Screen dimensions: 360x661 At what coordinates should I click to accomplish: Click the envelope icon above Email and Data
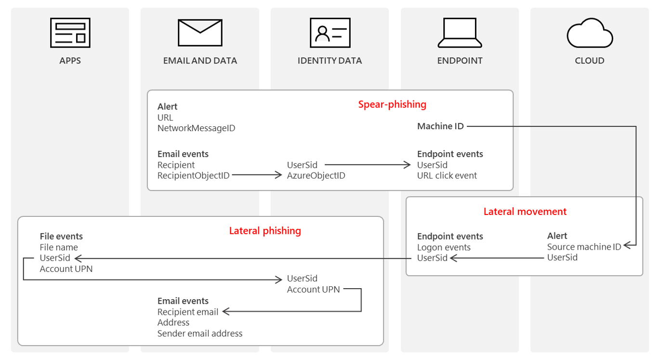(x=200, y=33)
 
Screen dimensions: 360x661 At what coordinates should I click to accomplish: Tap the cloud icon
(x=590, y=33)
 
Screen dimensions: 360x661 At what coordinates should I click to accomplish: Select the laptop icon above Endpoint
(x=460, y=33)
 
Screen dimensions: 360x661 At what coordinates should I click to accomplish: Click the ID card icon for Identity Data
(x=330, y=33)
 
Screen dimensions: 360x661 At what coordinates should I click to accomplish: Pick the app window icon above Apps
(x=70, y=33)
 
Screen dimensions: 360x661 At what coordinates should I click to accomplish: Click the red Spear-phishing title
(x=392, y=104)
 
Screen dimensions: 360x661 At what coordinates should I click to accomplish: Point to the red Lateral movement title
(x=525, y=211)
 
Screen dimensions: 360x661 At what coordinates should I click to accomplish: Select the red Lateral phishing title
(x=265, y=230)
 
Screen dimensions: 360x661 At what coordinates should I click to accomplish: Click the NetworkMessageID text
(x=196, y=128)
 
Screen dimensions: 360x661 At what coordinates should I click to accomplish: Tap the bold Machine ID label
(x=440, y=126)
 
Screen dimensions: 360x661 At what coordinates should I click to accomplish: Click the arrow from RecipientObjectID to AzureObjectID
(x=256, y=175)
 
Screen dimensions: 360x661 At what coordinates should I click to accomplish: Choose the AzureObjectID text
(x=316, y=175)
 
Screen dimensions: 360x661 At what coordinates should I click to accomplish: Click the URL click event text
(x=447, y=175)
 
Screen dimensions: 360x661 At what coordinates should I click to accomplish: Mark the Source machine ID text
(x=584, y=247)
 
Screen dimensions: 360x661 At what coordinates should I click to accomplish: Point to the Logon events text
(x=444, y=247)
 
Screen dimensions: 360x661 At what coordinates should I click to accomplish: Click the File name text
(x=59, y=247)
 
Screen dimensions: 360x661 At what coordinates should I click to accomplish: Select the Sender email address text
(x=200, y=333)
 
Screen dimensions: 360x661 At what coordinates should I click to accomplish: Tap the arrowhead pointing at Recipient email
(x=225, y=312)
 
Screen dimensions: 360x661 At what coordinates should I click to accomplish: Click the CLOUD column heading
(x=590, y=61)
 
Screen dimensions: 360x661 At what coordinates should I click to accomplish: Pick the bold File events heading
(x=61, y=236)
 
